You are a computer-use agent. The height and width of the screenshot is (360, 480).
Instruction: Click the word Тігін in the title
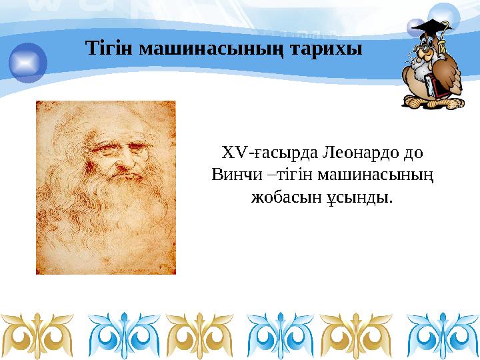(105, 49)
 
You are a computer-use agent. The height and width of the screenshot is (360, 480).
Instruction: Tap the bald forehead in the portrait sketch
(117, 123)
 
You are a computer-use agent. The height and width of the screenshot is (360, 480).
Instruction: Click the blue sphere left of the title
(28, 62)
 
